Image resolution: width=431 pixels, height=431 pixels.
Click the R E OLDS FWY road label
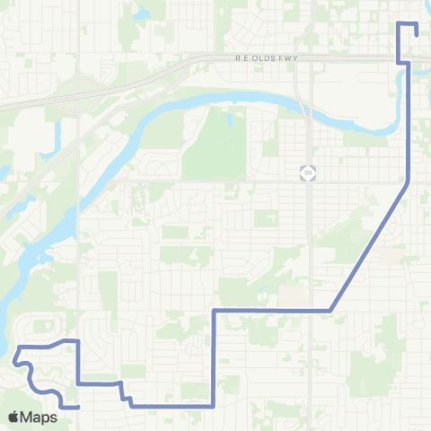266,57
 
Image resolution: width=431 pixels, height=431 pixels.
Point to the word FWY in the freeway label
287,57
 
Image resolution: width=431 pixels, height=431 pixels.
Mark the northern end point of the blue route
418,33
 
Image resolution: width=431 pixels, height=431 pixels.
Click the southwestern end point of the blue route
79,407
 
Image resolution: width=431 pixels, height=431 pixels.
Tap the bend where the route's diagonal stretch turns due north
409,182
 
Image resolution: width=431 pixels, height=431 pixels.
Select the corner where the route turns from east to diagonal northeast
331,310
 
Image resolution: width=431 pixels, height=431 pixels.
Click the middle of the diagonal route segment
370,247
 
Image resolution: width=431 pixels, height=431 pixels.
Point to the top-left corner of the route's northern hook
400,22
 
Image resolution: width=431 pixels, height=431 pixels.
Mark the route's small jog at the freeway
404,62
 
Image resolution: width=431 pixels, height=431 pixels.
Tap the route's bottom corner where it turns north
213,406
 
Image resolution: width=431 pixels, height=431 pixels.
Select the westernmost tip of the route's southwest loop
15,362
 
